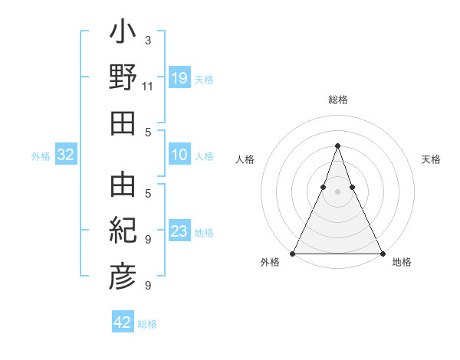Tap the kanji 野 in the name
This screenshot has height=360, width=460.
123,80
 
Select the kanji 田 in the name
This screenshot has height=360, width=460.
123,123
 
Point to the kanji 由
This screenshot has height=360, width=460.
123,185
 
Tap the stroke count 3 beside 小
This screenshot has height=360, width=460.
147,41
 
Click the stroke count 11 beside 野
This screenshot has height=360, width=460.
147,87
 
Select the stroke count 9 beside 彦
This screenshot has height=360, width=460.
147,286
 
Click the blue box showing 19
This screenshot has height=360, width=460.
179,78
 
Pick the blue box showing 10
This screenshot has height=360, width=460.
179,155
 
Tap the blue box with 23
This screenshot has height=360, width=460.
179,232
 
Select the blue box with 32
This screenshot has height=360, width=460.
66,155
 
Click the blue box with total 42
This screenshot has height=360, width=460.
123,323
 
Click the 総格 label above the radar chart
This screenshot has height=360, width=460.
337,100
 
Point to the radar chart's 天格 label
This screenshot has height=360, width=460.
432,159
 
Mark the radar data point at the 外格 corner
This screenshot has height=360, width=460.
293,254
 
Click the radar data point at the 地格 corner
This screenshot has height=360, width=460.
382,254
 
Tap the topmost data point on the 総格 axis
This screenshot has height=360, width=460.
337,146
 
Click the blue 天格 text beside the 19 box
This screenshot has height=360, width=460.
204,80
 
